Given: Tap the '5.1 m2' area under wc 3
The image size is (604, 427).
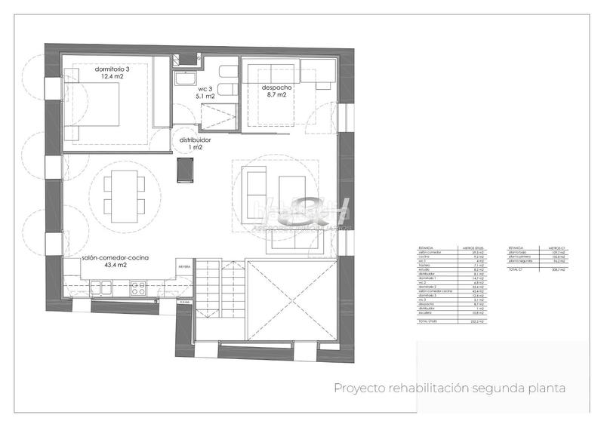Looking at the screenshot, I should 205,97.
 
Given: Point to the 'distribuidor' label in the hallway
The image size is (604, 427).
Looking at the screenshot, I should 195,140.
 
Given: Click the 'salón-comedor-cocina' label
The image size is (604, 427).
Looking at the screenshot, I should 116,259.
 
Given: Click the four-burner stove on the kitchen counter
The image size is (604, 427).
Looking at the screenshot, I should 138,287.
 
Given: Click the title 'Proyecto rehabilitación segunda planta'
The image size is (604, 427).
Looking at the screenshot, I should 450,388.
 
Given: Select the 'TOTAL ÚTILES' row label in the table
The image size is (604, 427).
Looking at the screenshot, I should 427,322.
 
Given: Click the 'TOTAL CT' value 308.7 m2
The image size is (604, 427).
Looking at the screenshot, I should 559,269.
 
